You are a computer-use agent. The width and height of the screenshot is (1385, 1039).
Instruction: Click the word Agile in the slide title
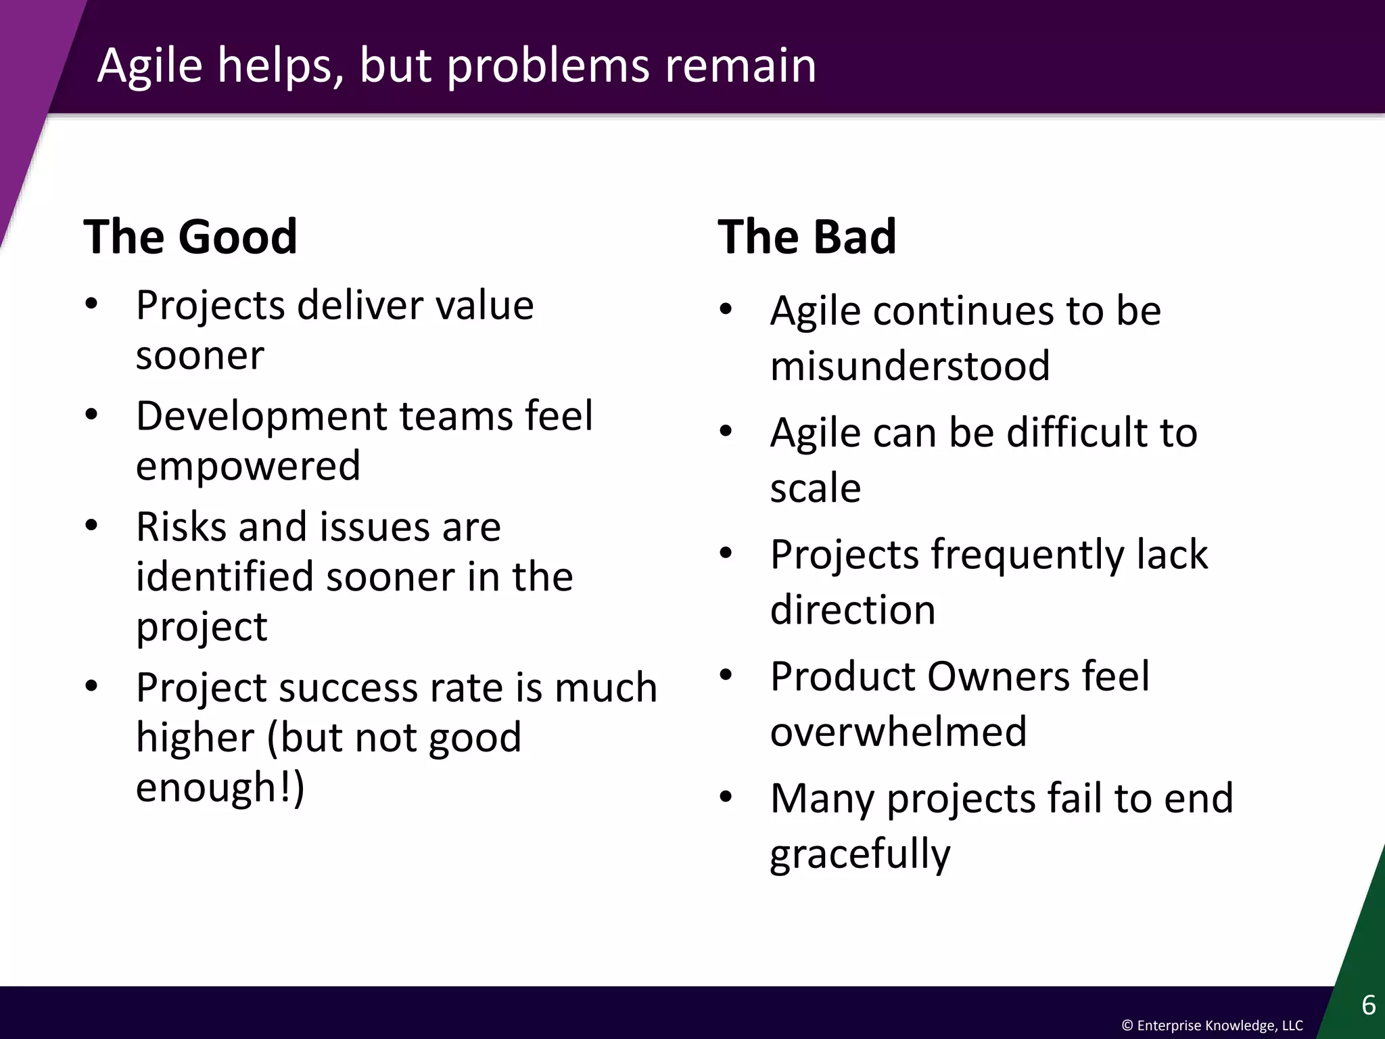click(150, 66)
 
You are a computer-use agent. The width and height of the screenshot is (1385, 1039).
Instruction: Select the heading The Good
click(190, 237)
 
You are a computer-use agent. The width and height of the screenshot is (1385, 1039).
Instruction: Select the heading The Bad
click(807, 237)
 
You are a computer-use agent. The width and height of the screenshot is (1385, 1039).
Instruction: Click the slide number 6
click(1368, 1005)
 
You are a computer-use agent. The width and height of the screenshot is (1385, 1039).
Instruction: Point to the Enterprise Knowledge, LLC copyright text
click(1212, 1025)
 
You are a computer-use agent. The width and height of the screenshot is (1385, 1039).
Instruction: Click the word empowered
click(248, 465)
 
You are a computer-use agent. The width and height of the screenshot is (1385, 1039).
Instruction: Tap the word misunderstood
click(910, 366)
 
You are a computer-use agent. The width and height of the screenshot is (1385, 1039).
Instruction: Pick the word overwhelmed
click(898, 731)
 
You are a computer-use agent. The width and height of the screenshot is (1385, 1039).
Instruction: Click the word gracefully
click(860, 854)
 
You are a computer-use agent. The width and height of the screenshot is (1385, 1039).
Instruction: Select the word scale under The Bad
click(815, 488)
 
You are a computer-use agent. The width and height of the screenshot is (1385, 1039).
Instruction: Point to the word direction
click(852, 609)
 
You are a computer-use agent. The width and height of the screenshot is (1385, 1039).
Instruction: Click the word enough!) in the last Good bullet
click(220, 787)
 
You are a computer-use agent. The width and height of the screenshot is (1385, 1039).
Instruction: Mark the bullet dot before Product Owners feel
click(726, 674)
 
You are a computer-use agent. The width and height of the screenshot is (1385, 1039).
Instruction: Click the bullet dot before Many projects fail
click(726, 796)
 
